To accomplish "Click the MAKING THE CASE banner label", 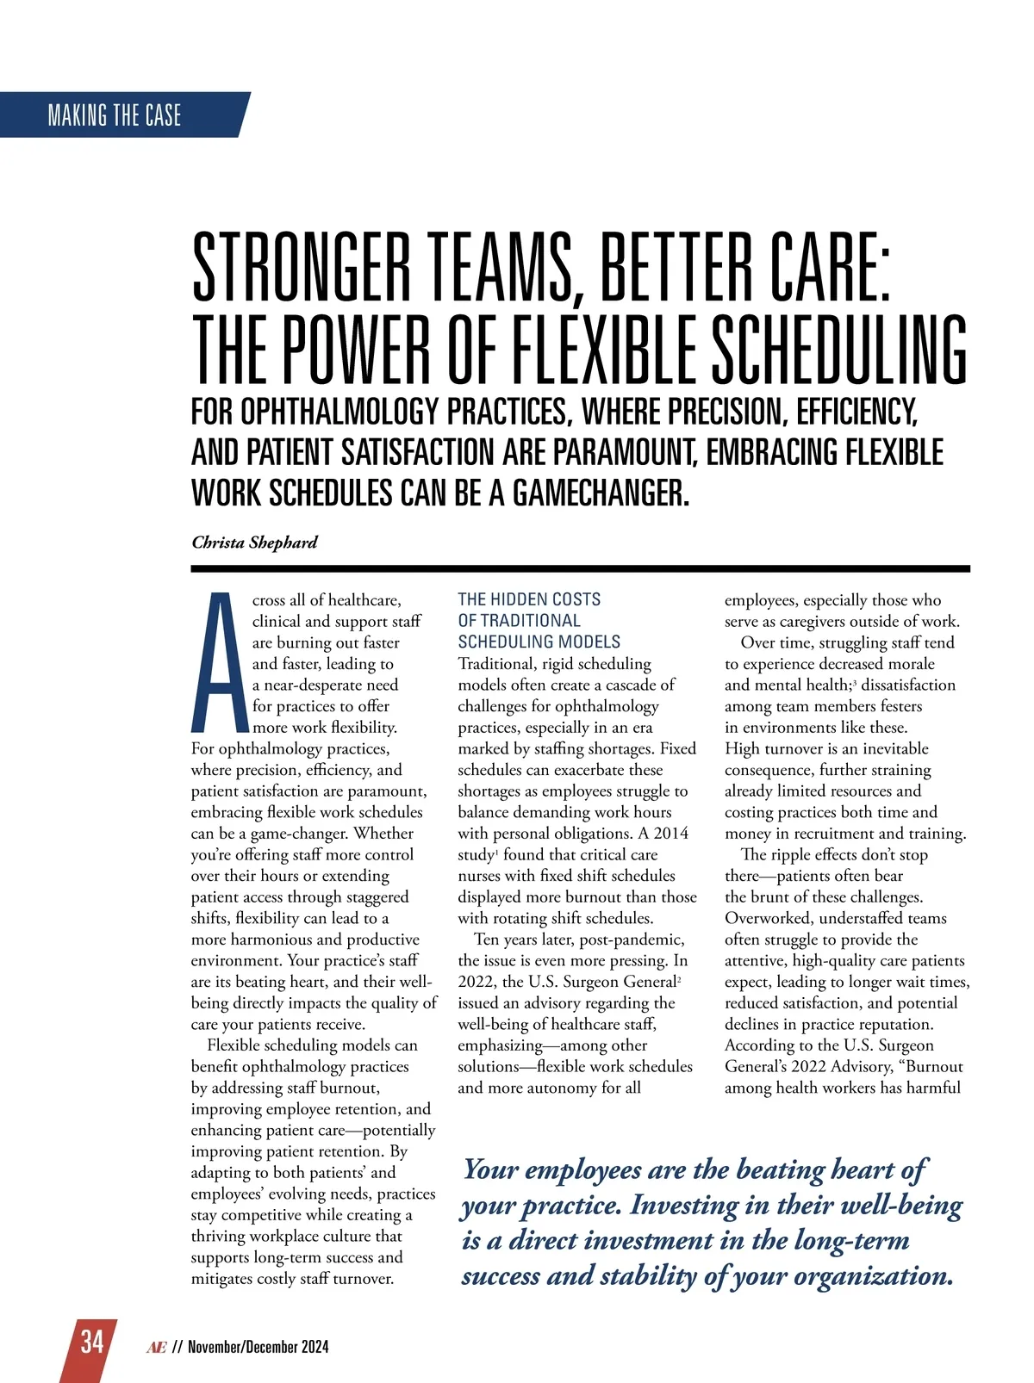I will pyautogui.click(x=115, y=115).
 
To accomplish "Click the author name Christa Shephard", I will pyautogui.click(x=254, y=543).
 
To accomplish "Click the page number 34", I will pyautogui.click(x=92, y=1342).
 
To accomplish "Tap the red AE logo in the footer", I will pyautogui.click(x=156, y=1348).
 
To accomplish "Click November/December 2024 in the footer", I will pyautogui.click(x=258, y=1348).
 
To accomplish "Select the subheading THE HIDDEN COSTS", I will pyautogui.click(x=529, y=599).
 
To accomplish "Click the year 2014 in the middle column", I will pyautogui.click(x=670, y=834).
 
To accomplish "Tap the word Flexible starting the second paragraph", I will pyautogui.click(x=238, y=1045).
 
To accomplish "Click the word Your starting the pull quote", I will pyautogui.click(x=491, y=1169).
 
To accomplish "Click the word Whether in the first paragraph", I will pyautogui.click(x=383, y=834).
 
